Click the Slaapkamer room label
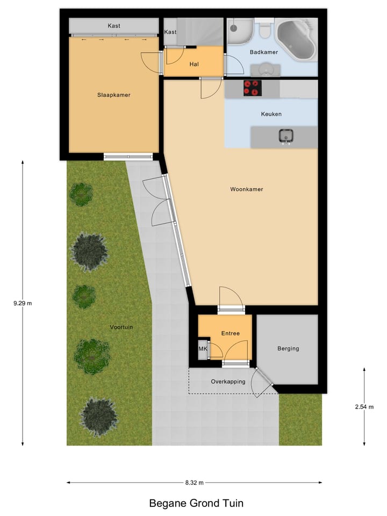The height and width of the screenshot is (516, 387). point(113,95)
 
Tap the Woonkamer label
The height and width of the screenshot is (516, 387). point(246,189)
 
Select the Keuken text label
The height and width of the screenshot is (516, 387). point(271,114)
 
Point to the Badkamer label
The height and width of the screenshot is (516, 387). point(263,52)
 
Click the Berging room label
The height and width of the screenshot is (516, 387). point(288,348)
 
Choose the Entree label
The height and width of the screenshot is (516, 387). point(230,333)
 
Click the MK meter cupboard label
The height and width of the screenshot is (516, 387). point(203,349)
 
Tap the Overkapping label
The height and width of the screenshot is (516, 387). point(228,382)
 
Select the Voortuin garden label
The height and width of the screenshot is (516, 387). point(121,327)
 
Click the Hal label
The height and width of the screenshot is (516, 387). point(194,64)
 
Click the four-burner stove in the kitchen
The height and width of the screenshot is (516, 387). point(252,88)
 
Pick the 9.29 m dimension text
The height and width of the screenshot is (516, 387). point(23,303)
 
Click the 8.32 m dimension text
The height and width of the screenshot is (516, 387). point(194,483)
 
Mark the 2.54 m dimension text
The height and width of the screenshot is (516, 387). point(364,407)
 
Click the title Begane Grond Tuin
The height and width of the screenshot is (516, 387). point(196,504)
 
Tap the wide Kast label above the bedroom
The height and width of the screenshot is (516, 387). point(113,26)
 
